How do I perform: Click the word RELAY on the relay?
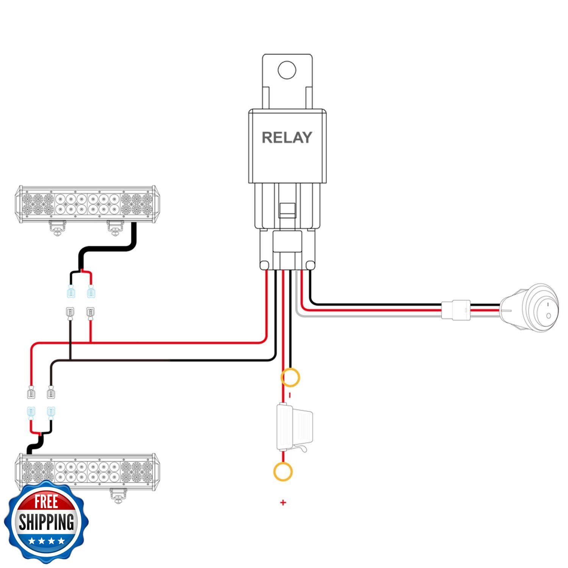(287, 137)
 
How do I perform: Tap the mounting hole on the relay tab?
(287, 70)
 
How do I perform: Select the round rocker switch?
(529, 308)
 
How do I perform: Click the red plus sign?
(283, 503)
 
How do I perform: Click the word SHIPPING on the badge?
(46, 522)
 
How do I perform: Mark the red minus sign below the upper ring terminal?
(290, 395)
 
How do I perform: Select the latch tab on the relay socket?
(287, 210)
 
